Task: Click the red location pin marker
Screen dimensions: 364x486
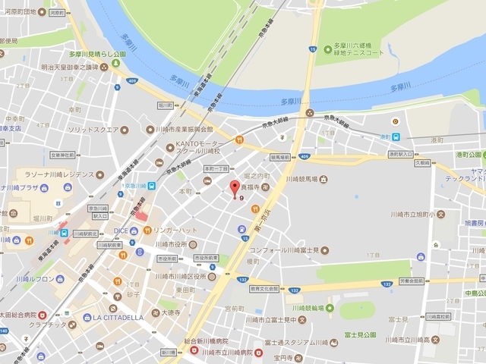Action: point(234,188)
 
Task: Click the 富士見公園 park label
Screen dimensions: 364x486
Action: point(359,334)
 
